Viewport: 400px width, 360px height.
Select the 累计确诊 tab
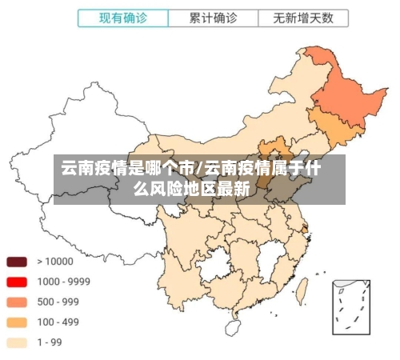(x=213, y=17)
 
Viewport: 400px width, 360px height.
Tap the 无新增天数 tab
(x=302, y=17)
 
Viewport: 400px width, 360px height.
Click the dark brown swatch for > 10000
(x=17, y=262)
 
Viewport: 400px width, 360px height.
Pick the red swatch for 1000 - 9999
(x=17, y=282)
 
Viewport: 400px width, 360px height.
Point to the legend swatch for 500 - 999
(x=17, y=302)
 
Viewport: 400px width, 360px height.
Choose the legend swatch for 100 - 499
(x=17, y=322)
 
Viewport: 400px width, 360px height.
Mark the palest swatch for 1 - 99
(x=17, y=342)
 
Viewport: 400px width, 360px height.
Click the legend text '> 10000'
(x=54, y=262)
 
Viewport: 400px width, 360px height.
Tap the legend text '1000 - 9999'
(x=63, y=282)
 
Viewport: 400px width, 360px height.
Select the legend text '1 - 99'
(x=50, y=342)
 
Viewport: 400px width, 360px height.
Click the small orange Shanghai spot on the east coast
(x=305, y=229)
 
